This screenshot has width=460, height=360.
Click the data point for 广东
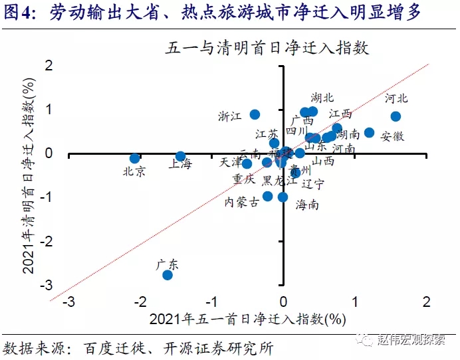[x=168, y=275]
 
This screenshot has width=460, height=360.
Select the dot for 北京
[x=135, y=159]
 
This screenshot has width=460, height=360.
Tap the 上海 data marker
[x=180, y=157]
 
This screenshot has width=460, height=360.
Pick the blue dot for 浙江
[x=255, y=114]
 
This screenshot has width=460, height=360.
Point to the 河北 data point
[x=396, y=116]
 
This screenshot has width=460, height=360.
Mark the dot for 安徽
[x=370, y=133]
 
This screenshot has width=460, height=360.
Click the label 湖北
[x=322, y=98]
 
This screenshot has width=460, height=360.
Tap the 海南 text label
[x=307, y=205]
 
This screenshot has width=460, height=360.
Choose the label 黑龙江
[x=280, y=181]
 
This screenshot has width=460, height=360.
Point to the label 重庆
[x=243, y=179]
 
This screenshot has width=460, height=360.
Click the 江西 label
[x=340, y=114]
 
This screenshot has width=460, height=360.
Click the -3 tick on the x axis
[x=68, y=302]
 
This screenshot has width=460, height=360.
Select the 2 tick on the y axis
[x=48, y=65]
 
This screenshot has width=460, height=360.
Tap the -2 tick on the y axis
[x=46, y=241]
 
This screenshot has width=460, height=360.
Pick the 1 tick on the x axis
[x=355, y=302]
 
